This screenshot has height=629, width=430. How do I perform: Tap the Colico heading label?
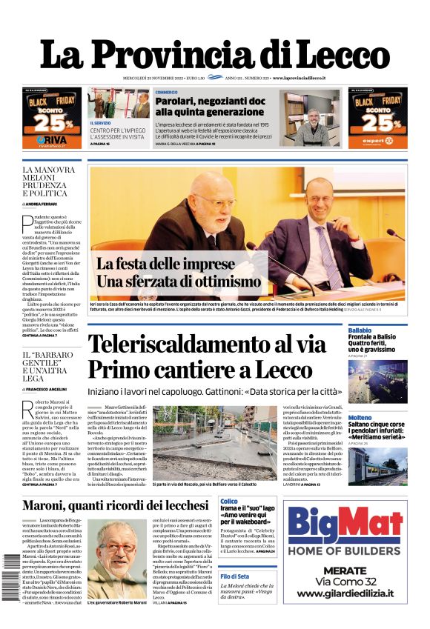pyautogui.click(x=229, y=502)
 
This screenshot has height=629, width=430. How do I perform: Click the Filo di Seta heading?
pyautogui.click(x=235, y=576)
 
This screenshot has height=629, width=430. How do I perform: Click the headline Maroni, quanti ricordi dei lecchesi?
pyautogui.click(x=116, y=505)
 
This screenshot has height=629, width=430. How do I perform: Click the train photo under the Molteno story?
pyautogui.click(x=377, y=466)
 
